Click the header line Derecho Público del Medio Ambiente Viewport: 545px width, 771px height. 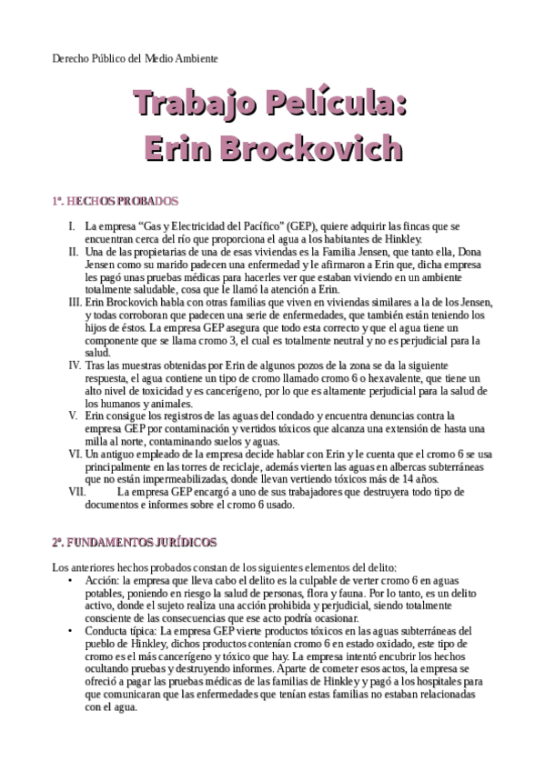point(135,58)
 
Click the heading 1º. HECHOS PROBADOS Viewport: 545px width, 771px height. point(115,201)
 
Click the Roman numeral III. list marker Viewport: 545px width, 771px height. point(76,301)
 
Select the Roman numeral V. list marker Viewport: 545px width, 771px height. point(77,415)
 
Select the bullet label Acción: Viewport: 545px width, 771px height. point(100,578)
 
